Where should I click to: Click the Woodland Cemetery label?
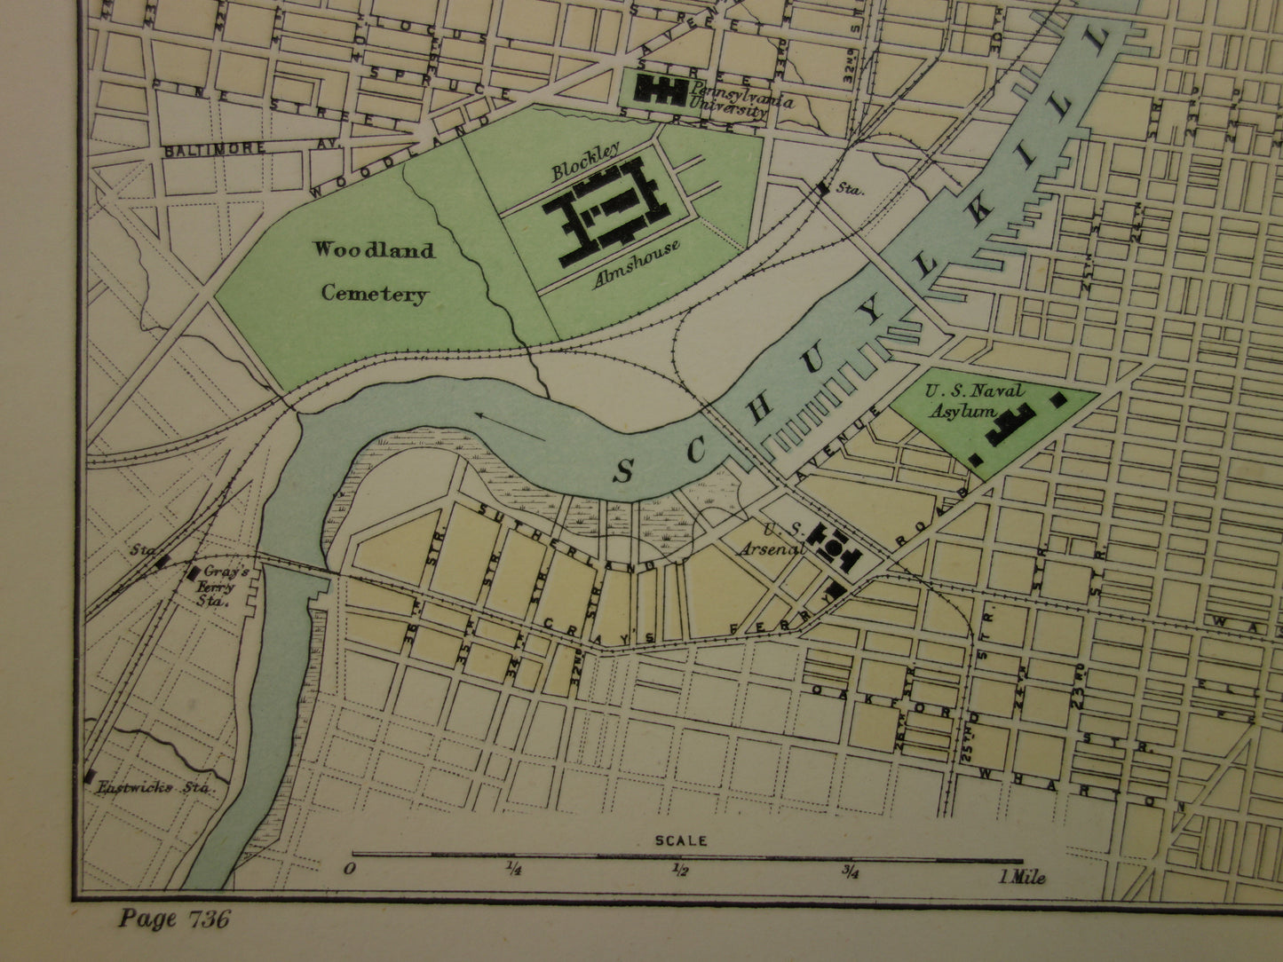click(x=374, y=272)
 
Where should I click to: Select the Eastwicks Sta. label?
click(x=159, y=786)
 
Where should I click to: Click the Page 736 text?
click(x=174, y=918)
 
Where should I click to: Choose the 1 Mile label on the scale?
click(x=1022, y=877)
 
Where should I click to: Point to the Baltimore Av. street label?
click(x=215, y=150)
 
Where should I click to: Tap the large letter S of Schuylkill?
click(x=623, y=473)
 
